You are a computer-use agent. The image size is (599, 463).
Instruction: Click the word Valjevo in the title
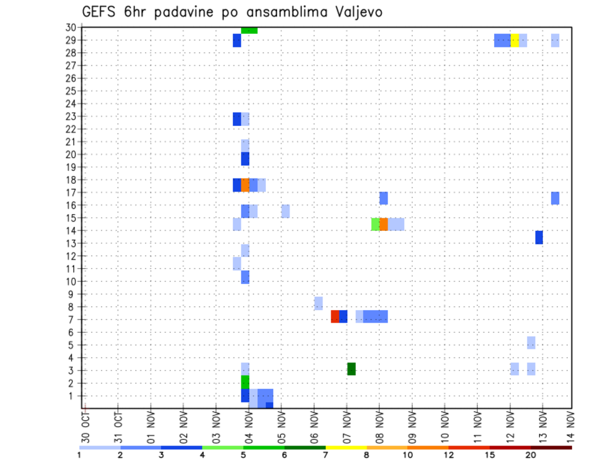[x=356, y=12]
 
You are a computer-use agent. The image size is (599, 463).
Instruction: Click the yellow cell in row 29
[x=515, y=40]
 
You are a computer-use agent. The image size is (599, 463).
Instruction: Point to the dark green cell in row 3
[x=351, y=369]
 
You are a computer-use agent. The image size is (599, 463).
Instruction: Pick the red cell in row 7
[x=335, y=316]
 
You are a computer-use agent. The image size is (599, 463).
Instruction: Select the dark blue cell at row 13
[x=539, y=237]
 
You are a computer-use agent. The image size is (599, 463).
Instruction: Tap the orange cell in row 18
[x=245, y=185]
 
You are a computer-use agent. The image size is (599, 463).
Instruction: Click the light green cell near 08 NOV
[x=375, y=224]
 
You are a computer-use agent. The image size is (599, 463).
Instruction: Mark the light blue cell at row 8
[x=318, y=303]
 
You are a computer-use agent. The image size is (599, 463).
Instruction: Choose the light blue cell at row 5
[x=531, y=343]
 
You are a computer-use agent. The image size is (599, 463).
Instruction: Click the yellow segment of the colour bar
[x=346, y=447]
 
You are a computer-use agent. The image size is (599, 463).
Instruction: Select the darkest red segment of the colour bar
[x=551, y=447]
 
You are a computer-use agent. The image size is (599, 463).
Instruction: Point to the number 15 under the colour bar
[x=490, y=455]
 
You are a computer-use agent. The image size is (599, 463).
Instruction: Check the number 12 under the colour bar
[x=449, y=455]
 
